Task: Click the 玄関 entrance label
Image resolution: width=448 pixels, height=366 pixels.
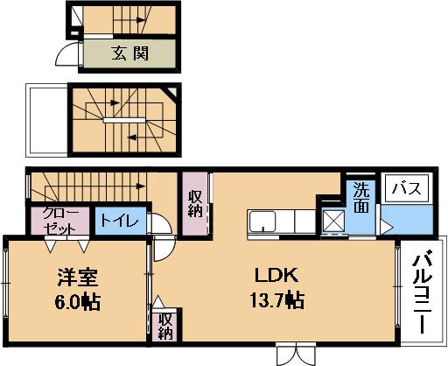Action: pos(130,53)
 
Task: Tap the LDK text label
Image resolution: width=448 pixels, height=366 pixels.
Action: pos(276,275)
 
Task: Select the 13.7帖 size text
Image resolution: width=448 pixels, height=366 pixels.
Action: pos(277,300)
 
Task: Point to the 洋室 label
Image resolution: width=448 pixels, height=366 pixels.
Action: pos(77,277)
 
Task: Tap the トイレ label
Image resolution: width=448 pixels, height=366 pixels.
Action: pos(120,221)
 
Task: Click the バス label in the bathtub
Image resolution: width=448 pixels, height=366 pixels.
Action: pos(407,188)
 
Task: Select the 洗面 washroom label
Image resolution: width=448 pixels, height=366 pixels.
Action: pos(361,198)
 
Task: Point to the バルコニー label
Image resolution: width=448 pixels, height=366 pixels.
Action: pos(422,292)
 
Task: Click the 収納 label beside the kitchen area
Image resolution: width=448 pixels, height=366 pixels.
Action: pos(195,204)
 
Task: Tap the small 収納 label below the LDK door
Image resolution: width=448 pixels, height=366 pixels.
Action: pos(165,327)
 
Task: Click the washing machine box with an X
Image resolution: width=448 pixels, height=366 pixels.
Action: pos(333,221)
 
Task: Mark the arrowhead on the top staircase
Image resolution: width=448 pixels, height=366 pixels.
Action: pos(141,20)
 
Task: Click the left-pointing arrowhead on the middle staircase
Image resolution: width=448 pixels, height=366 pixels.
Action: pos(132,137)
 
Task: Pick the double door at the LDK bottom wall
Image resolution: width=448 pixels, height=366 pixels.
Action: pos(297,354)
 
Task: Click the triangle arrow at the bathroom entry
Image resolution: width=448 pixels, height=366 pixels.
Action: pos(387,228)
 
